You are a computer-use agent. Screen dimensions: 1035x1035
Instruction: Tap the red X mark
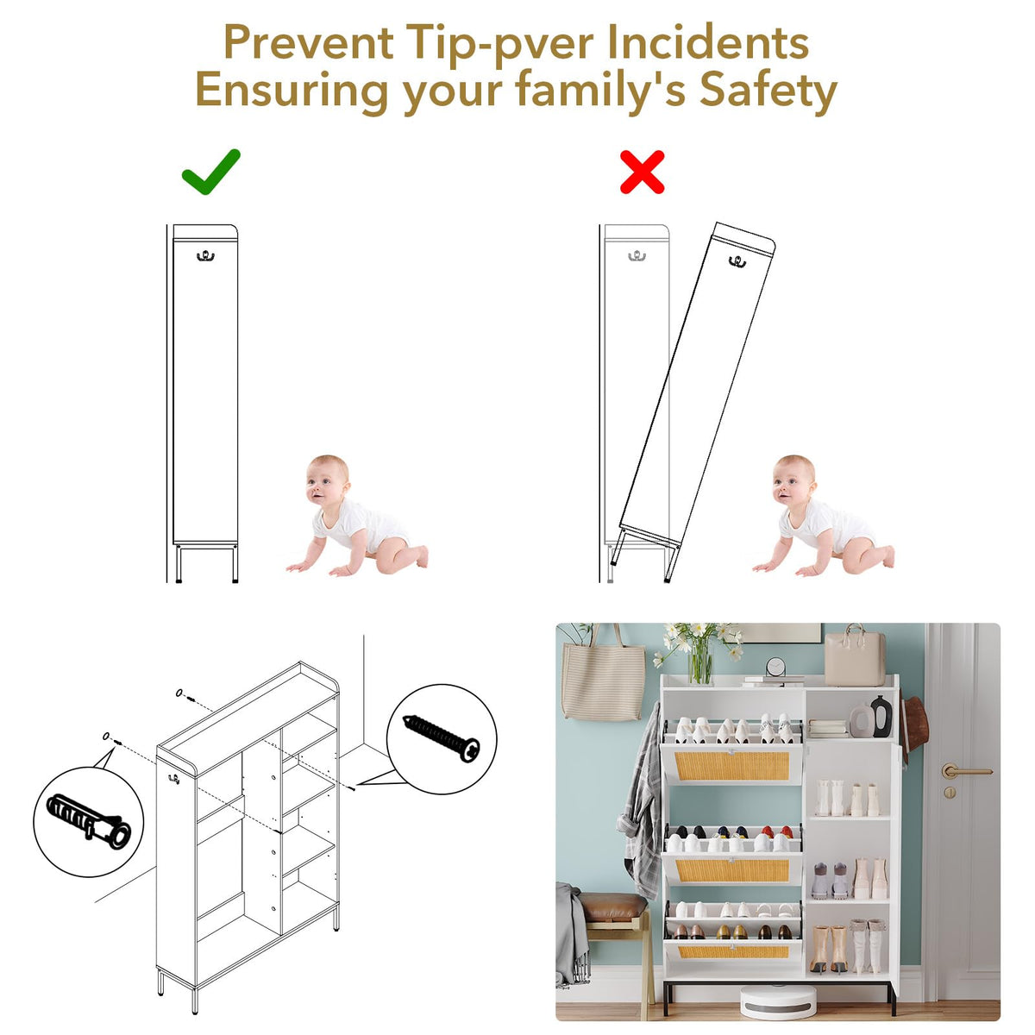642,172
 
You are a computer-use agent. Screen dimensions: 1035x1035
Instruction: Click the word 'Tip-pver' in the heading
499,42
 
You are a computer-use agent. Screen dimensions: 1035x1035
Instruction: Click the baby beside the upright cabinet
356,516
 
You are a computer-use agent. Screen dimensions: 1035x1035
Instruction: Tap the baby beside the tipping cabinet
823,516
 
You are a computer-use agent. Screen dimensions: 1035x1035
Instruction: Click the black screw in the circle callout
441,737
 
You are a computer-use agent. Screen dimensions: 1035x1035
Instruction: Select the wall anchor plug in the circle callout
89,821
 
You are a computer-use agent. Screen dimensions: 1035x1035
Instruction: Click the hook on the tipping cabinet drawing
737,261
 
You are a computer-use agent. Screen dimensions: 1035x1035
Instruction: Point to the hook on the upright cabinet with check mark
205,256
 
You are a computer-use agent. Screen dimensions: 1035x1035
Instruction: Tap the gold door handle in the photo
964,771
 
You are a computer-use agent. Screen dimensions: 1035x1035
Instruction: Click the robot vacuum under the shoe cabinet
778,1001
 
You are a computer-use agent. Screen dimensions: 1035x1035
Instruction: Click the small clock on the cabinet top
775,668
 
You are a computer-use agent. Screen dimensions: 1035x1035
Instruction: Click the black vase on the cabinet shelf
881,717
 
